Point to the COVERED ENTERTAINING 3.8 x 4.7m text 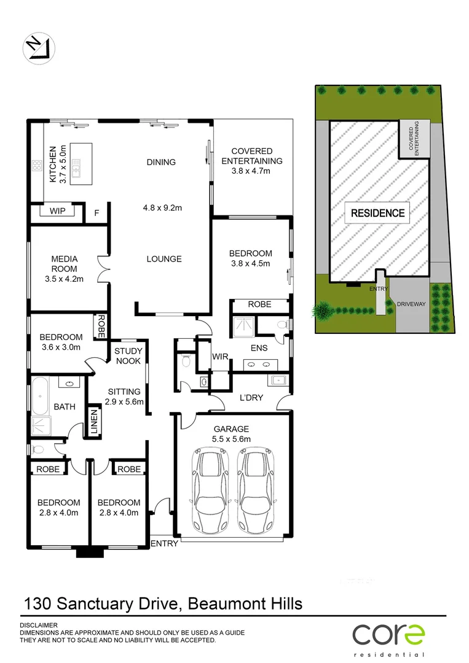click(252, 161)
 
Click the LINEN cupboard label click(94, 422)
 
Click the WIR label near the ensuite click(221, 356)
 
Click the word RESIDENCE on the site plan click(377, 214)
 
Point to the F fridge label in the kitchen click(96, 214)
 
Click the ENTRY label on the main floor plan click(164, 543)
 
